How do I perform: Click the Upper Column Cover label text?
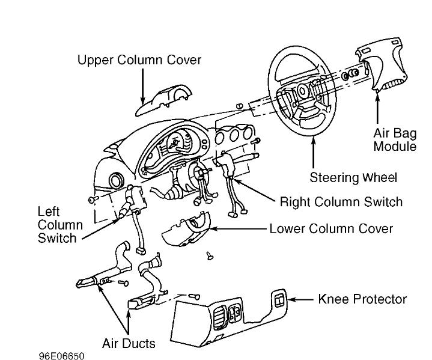139,60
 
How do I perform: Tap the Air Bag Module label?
395,139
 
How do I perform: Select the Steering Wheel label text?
353,178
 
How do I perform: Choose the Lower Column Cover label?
331,229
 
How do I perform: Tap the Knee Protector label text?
362,299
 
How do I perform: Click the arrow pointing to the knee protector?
300,299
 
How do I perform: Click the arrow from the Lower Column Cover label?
240,229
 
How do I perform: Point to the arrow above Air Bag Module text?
377,108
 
